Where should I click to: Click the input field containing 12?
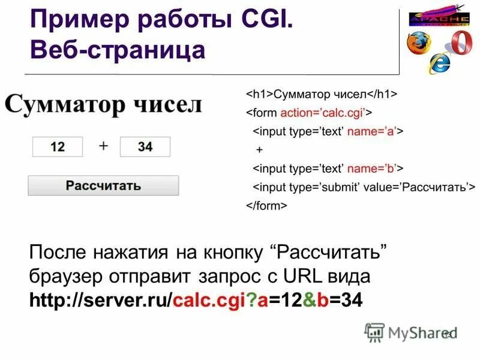tap(58, 146)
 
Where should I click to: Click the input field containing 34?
tap(145, 146)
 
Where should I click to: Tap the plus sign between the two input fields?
tap(103, 145)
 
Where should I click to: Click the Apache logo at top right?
tap(439, 18)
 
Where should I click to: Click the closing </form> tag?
tap(266, 205)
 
